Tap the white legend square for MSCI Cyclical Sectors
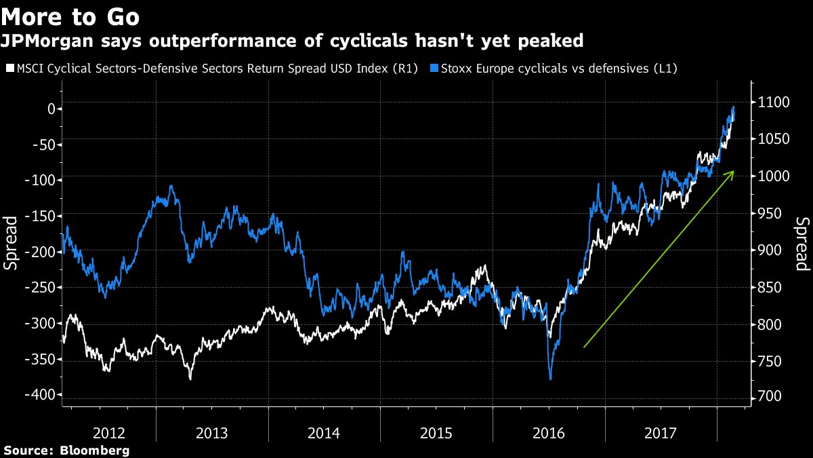click(x=8, y=69)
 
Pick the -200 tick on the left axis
click(x=41, y=252)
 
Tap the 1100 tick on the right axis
click(x=771, y=102)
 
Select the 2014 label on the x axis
click(x=325, y=432)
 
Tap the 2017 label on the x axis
click(x=661, y=432)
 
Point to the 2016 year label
click(x=549, y=432)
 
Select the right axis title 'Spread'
click(x=801, y=244)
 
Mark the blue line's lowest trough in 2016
click(x=550, y=379)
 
